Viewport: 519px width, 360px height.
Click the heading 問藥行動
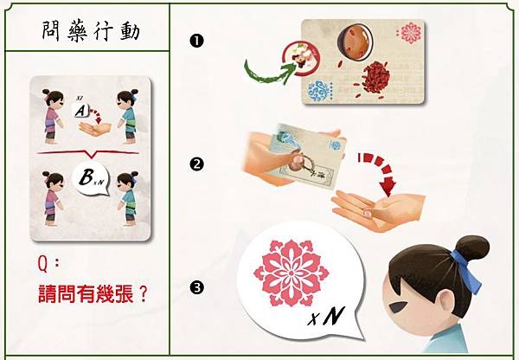click(91, 32)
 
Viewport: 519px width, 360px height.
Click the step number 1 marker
click(196, 41)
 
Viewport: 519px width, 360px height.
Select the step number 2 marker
click(196, 164)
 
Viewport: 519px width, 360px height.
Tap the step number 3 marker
click(196, 287)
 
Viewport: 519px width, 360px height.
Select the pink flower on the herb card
click(411, 33)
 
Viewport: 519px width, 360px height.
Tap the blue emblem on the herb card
click(318, 91)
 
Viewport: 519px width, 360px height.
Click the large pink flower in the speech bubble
click(291, 273)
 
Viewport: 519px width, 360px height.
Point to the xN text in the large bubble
click(326, 316)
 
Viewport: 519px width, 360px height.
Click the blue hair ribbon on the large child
click(466, 271)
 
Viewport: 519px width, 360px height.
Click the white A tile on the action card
click(81, 110)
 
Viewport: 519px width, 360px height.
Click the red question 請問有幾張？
click(93, 293)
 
